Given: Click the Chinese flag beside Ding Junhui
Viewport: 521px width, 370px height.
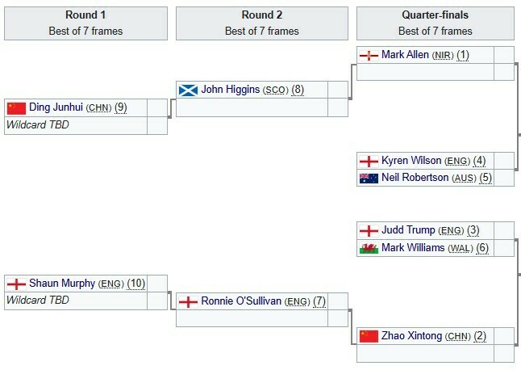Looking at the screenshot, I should [x=17, y=107].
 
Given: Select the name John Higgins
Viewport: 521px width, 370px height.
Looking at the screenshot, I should [x=231, y=90].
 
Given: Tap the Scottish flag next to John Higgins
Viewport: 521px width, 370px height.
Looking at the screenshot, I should [x=188, y=90].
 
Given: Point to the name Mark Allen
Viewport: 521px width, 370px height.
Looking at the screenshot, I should [x=405, y=55].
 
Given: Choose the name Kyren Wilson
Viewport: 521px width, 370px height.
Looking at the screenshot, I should [x=411, y=160].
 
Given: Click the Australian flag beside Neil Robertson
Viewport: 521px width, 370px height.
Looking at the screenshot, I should [x=369, y=177].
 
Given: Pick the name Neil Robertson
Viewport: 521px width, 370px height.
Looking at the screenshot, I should [x=415, y=177].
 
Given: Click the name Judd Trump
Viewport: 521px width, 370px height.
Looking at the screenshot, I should [x=408, y=230].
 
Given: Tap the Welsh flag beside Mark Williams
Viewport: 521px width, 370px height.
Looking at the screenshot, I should [x=369, y=247].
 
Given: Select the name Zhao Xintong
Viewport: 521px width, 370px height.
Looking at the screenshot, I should [x=411, y=335].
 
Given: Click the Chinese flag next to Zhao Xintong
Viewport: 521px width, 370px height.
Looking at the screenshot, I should [x=369, y=335].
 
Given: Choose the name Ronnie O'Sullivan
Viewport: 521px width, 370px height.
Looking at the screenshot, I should [x=240, y=301].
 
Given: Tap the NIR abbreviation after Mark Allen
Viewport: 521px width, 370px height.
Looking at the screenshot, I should [x=442, y=55].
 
